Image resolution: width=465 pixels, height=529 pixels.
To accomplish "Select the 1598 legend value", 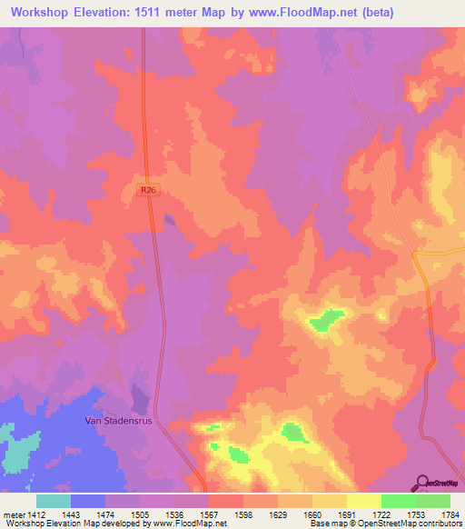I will coord(242,514).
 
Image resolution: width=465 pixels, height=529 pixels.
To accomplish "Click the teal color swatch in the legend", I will coord(54,501).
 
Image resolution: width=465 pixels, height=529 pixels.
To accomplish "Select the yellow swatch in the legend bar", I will coord(363,501).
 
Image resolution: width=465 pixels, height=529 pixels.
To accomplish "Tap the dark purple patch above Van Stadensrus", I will coord(139,395).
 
